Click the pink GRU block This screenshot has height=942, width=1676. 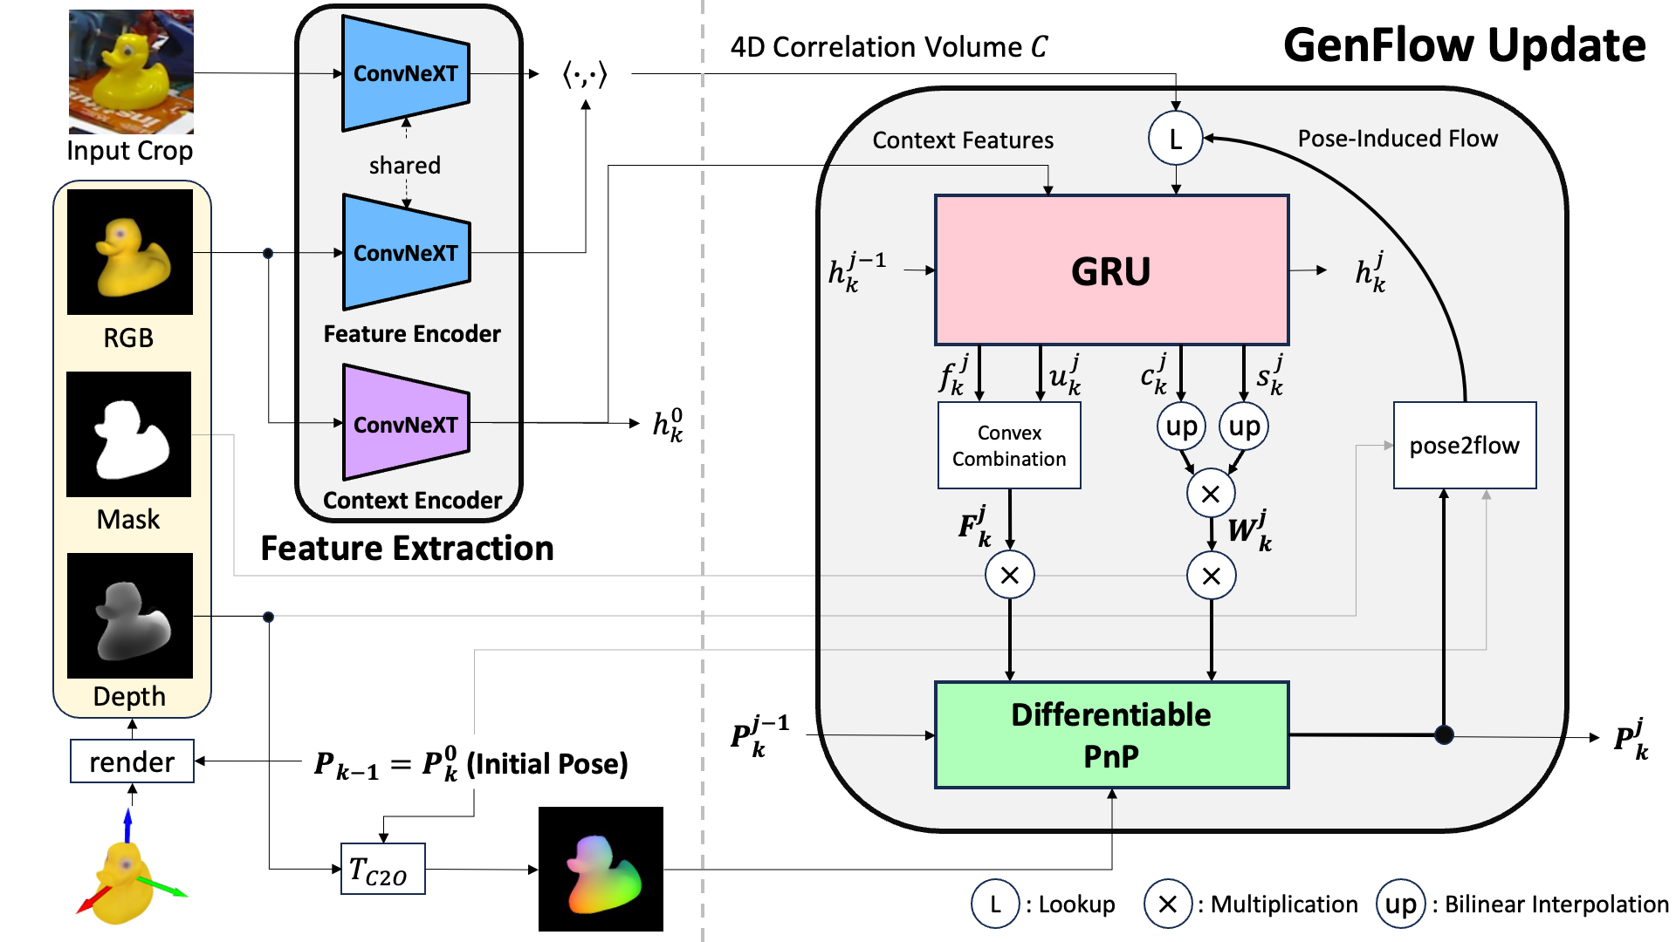[x=1111, y=270]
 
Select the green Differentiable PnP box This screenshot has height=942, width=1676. [x=1111, y=735]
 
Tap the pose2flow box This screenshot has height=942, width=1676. [x=1465, y=445]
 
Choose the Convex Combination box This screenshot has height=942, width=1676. [x=1009, y=445]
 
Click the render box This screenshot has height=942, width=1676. [x=132, y=761]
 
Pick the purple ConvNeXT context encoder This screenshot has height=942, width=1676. [x=406, y=423]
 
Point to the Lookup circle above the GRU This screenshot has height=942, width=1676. [x=1175, y=138]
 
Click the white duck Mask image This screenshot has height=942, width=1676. [x=129, y=434]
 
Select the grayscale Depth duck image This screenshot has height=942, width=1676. [x=129, y=616]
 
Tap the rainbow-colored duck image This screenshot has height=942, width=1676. [x=601, y=869]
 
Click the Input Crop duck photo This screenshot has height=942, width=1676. [x=131, y=72]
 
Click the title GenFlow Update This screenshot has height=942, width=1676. [x=1464, y=45]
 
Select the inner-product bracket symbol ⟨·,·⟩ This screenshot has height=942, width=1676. [x=585, y=74]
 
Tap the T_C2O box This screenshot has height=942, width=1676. [x=382, y=869]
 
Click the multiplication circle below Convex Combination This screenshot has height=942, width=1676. [x=1009, y=575]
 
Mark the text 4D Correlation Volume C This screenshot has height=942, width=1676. [x=889, y=46]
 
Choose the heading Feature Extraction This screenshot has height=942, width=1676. [x=407, y=548]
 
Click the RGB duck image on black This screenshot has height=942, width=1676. [x=129, y=252]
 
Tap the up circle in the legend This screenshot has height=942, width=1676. [x=1401, y=904]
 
